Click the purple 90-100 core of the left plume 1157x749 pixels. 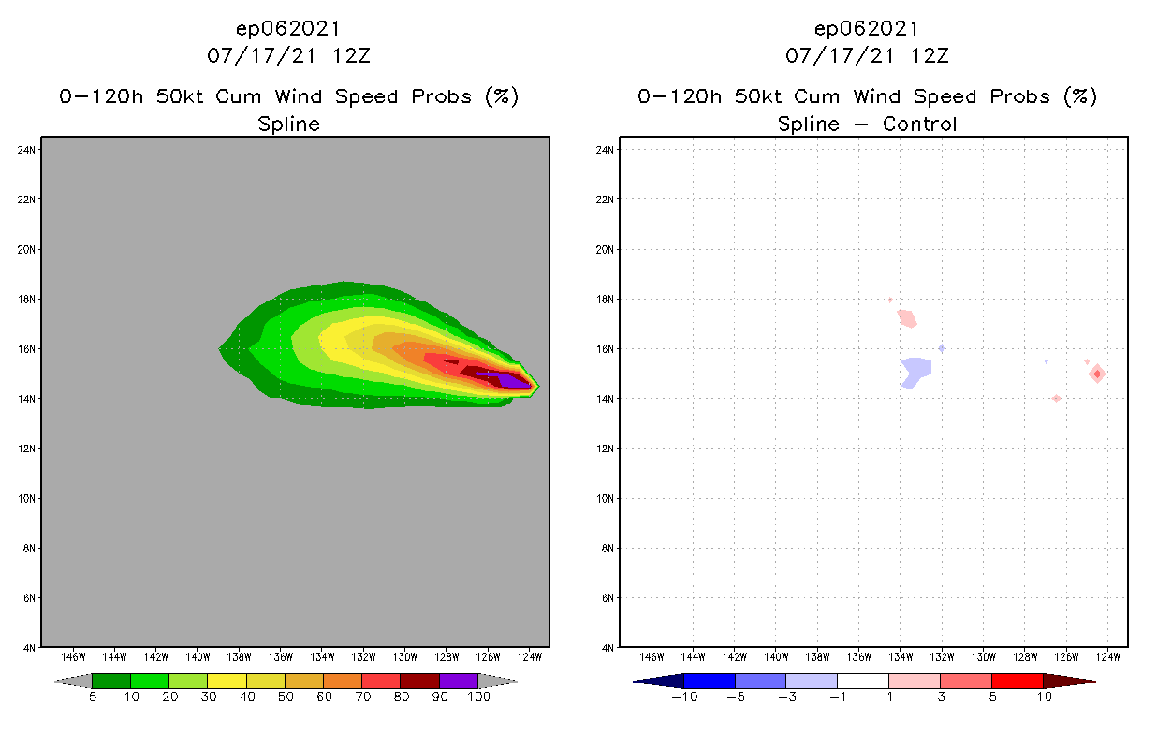[513, 380]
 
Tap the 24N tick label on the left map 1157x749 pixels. [28, 150]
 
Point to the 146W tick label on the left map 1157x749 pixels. [73, 655]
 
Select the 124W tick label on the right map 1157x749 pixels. [1107, 655]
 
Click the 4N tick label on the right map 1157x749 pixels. [608, 647]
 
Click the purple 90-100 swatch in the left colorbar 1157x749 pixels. [459, 681]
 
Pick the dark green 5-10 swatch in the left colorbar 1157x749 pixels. [111, 681]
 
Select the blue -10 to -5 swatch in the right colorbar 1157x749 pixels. [710, 681]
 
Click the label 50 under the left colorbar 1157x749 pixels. [286, 697]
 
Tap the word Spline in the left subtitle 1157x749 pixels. [288, 124]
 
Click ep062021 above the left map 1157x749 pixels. [288, 28]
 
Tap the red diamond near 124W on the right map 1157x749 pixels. [1096, 374]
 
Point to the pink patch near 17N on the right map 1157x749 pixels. [906, 318]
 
